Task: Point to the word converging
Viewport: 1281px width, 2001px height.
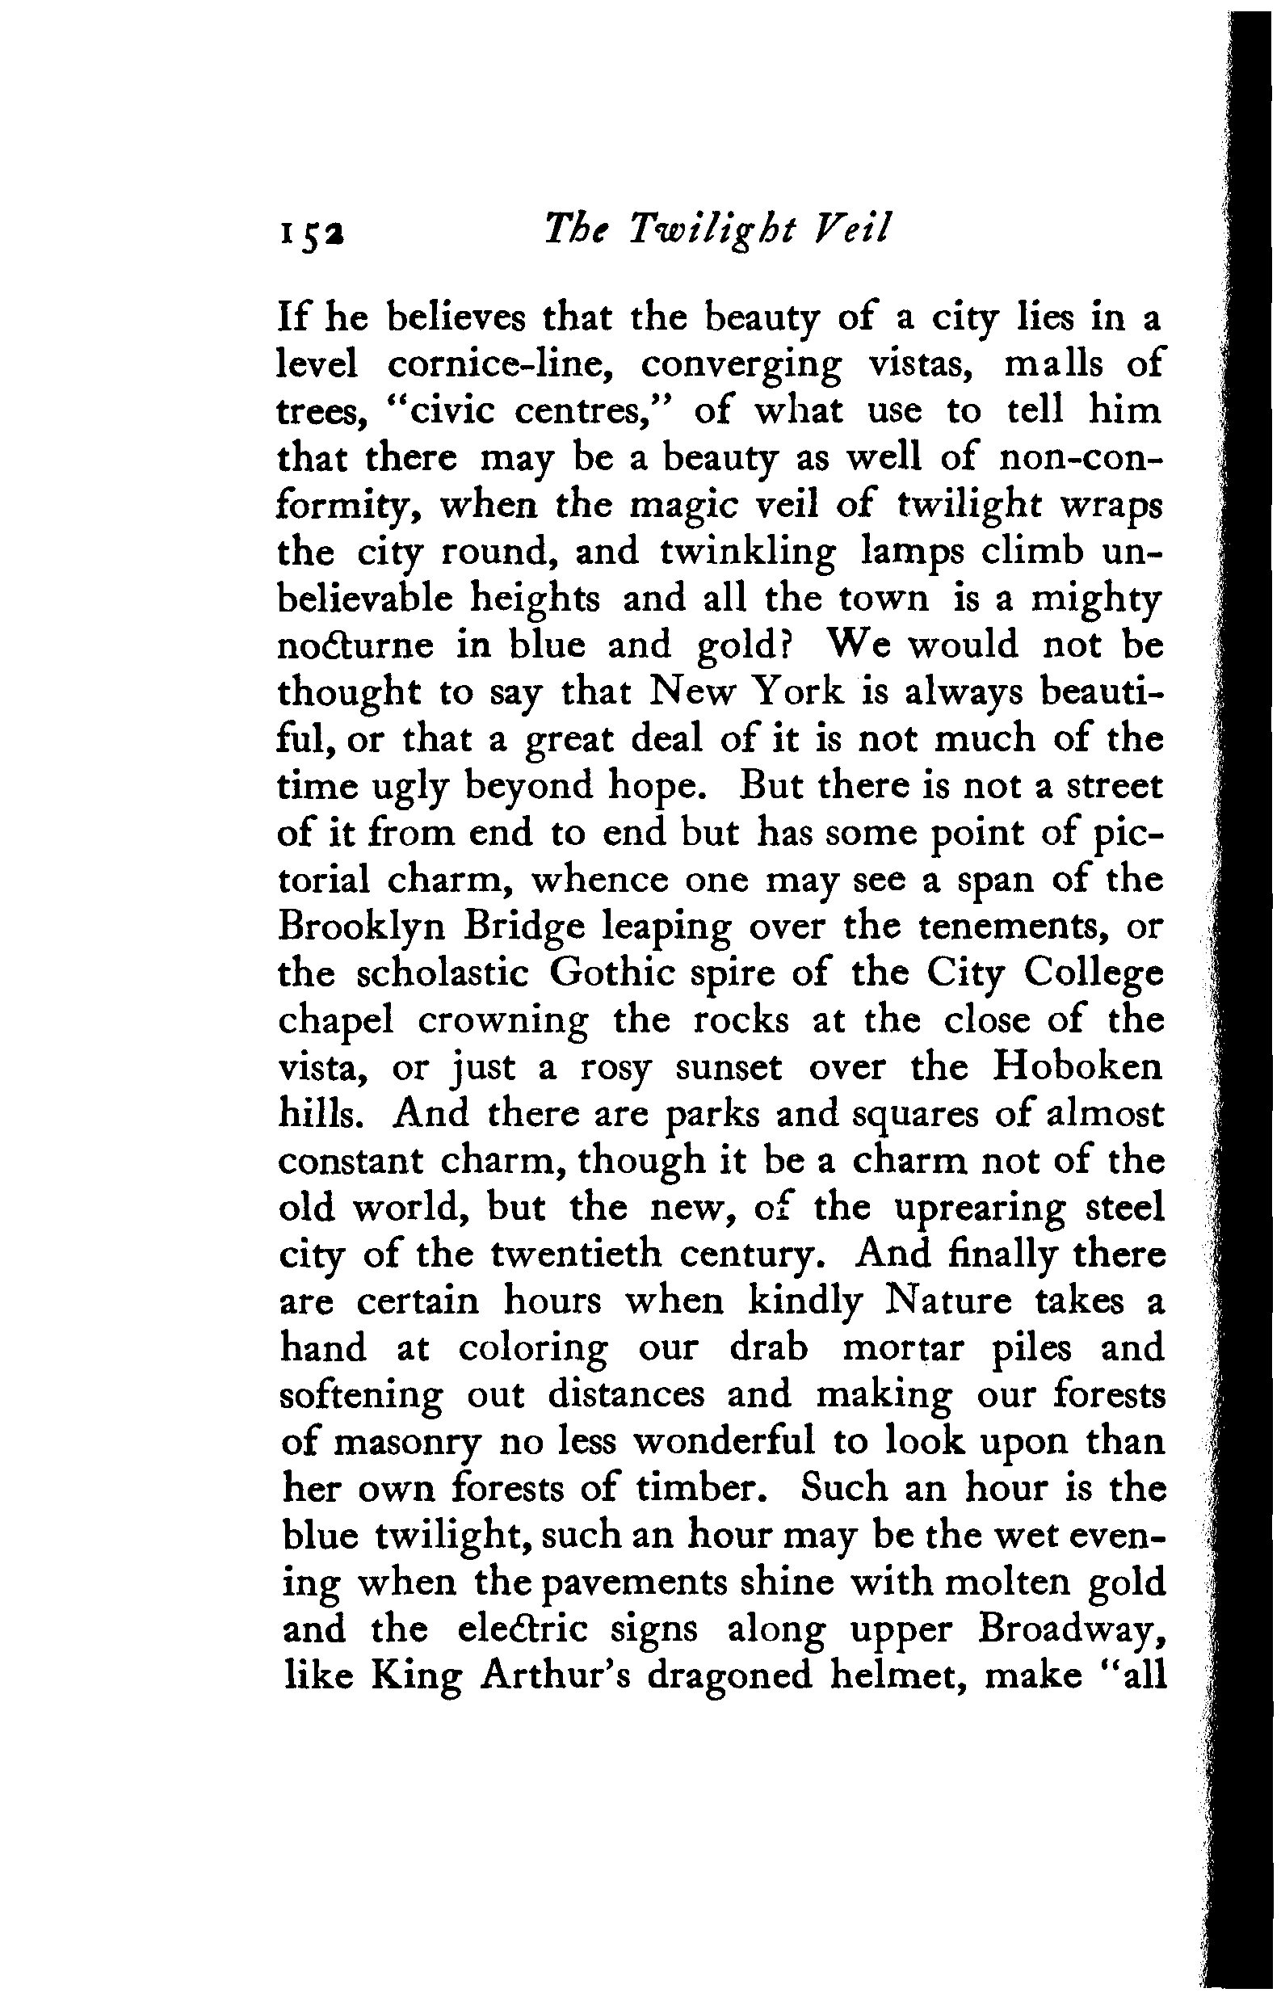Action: (741, 367)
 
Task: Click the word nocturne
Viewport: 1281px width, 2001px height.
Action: (355, 645)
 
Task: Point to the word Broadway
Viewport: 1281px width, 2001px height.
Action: (1070, 1630)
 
